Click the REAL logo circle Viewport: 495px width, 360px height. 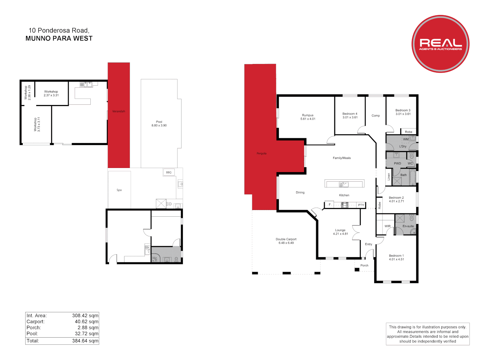tap(440, 44)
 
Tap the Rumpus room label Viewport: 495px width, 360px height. tap(308, 117)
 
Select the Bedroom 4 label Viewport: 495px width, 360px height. tap(350, 115)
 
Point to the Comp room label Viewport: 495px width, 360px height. tap(376, 116)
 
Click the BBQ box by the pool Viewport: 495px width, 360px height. tap(169, 172)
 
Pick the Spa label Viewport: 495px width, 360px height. tap(119, 190)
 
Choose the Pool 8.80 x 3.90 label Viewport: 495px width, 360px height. tap(159, 124)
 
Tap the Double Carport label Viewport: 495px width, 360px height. tap(286, 241)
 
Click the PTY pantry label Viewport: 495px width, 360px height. tap(361, 205)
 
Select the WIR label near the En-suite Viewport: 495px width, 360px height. tap(387, 226)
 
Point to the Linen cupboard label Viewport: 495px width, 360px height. tap(389, 177)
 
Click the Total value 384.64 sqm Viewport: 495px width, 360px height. tap(85, 341)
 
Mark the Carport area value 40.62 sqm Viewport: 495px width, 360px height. tap(86, 322)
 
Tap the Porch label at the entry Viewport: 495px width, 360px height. tap(364, 266)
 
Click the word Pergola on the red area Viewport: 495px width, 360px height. tap(262, 154)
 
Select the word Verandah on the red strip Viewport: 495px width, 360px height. tap(118, 111)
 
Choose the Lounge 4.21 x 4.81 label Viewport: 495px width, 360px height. tap(340, 232)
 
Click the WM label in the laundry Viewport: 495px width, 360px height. tap(406, 139)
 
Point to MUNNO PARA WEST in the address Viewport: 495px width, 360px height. tap(59, 38)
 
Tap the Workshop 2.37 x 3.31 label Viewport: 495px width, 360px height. tap(51, 93)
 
